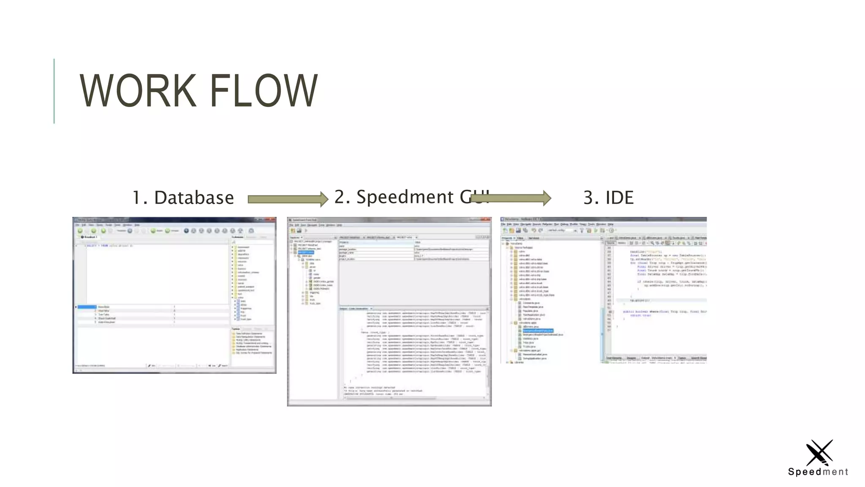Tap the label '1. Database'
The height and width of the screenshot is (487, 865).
[x=183, y=197]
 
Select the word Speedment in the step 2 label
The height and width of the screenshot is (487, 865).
[x=405, y=197]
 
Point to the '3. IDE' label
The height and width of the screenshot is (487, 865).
[x=608, y=197]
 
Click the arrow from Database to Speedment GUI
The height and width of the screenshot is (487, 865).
[x=288, y=199]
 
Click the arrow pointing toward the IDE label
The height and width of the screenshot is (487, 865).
[x=511, y=197]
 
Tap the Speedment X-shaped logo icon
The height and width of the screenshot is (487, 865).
[x=819, y=452]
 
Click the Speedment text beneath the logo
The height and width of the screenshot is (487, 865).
[x=818, y=472]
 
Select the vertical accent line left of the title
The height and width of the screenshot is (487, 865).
[x=54, y=91]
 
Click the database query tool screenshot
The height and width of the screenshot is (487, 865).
[x=174, y=295]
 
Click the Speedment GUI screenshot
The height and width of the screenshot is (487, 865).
[x=389, y=312]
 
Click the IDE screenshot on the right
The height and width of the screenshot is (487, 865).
[x=603, y=290]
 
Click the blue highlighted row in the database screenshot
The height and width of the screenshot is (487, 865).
[x=87, y=307]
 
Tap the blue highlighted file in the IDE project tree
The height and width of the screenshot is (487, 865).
[x=538, y=331]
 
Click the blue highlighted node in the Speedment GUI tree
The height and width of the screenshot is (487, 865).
[x=306, y=252]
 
